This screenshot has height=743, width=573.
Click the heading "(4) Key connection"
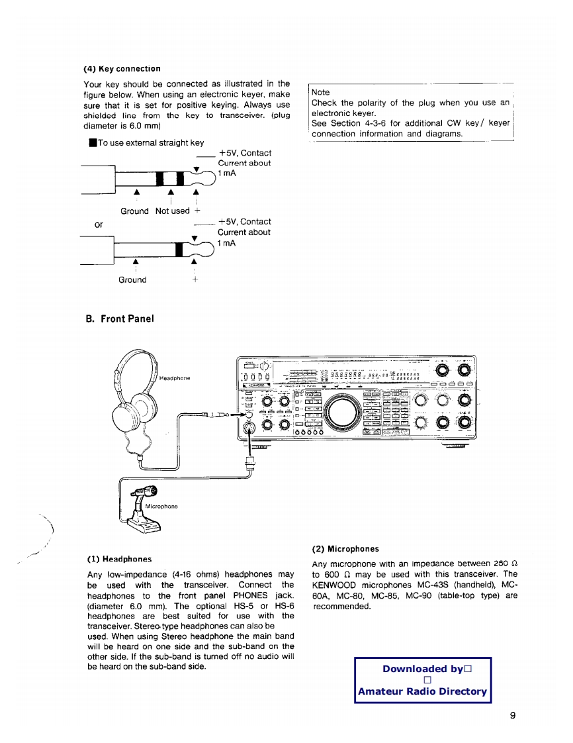[x=122, y=69]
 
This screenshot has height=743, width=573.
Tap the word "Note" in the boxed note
[x=320, y=92]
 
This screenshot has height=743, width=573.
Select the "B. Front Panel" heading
[x=120, y=319]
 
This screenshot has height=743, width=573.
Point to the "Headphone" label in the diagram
[x=175, y=378]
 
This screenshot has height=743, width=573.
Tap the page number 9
[x=513, y=715]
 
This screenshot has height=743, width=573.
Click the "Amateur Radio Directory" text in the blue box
[x=422, y=691]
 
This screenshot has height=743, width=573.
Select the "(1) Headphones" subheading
[x=119, y=559]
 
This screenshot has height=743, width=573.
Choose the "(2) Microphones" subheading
[x=345, y=549]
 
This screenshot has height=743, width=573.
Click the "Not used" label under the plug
[x=172, y=211]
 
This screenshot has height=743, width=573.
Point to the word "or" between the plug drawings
[x=99, y=224]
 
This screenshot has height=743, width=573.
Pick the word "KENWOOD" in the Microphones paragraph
[x=335, y=585]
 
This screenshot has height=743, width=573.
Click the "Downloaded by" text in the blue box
[x=422, y=669]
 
